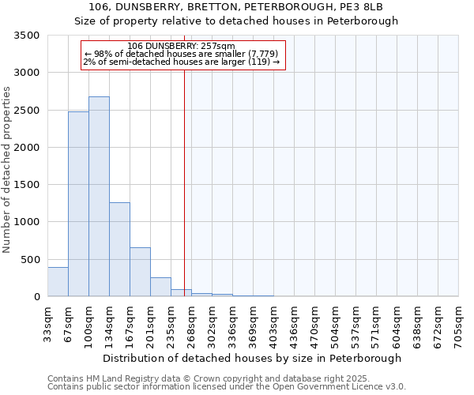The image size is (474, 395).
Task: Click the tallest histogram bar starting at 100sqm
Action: [99, 197]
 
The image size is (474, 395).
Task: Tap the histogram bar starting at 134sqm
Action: [119, 250]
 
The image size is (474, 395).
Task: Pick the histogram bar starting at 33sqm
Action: [58, 282]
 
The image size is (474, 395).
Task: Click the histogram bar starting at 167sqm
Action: [140, 272]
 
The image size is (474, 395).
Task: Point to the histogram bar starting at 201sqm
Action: [160, 287]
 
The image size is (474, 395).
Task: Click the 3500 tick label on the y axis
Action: [27, 36]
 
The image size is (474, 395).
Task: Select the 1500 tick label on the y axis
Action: [27, 185]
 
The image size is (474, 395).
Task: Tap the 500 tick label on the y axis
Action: [30, 259]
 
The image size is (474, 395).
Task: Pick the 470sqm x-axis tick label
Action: [314, 322]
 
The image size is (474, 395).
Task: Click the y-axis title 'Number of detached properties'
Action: [8, 169]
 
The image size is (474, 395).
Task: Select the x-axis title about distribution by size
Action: [253, 358]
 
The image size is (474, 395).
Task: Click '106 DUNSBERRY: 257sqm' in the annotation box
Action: [181, 47]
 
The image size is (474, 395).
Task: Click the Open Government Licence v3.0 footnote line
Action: [226, 387]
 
